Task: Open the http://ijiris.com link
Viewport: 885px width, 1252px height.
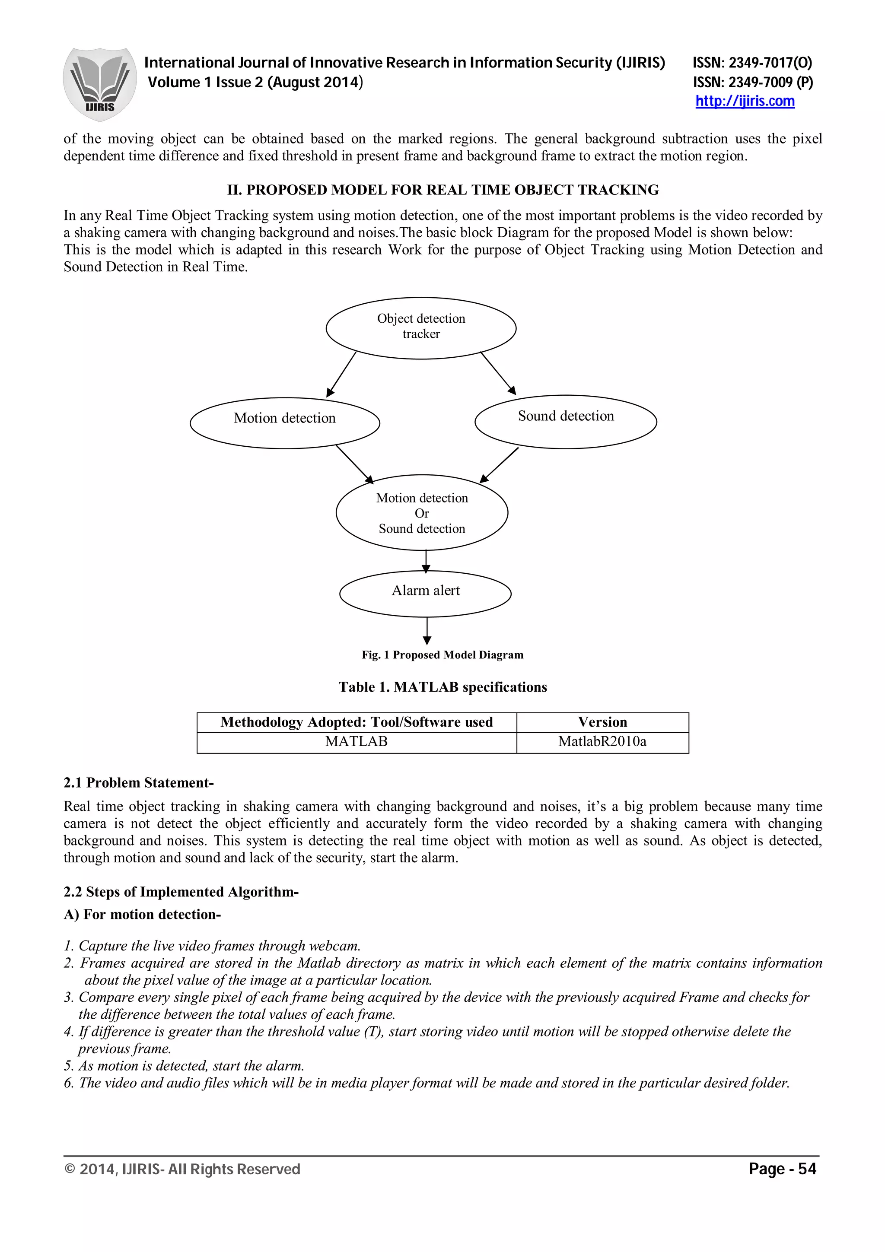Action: point(745,102)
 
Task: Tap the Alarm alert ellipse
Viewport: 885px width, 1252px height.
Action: point(425,593)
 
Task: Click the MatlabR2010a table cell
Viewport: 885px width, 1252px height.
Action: point(602,742)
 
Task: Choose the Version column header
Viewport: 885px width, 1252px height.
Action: point(602,722)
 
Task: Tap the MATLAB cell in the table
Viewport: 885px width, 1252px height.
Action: point(356,742)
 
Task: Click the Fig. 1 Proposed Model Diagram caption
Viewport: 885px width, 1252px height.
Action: point(442,655)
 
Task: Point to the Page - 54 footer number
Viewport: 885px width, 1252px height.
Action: point(782,1169)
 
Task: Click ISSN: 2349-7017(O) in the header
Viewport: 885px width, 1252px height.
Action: point(752,63)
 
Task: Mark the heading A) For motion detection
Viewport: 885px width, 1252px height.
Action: point(142,915)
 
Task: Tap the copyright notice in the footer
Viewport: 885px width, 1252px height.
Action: point(182,1169)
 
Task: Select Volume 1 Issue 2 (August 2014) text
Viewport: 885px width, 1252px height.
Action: point(255,83)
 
